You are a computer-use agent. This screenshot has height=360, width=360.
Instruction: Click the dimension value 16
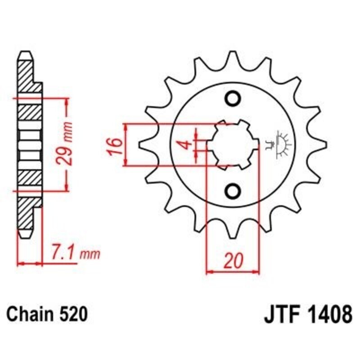pos(115,145)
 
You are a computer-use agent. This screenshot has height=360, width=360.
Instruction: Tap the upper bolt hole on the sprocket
pos(233,99)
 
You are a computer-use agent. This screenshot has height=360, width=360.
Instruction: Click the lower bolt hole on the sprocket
pos(233,191)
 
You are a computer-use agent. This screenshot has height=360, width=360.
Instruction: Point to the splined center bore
pos(233,144)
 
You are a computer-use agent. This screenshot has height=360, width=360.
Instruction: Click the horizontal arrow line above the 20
pos(233,271)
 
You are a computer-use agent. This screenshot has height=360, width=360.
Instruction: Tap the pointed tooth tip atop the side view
pos(26,54)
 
